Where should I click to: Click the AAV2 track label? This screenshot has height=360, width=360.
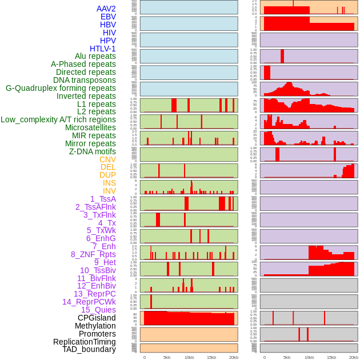106,9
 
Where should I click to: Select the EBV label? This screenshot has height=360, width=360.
108,17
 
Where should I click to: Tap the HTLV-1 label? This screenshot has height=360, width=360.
102,49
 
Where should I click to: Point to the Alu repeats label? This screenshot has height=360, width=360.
95,56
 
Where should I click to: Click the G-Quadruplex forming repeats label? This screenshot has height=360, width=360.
61,88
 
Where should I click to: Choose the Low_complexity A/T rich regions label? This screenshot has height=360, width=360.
58,119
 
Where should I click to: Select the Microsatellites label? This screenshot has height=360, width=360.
90,127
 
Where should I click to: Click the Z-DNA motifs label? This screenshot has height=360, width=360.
93,151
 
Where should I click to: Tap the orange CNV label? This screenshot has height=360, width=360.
107,159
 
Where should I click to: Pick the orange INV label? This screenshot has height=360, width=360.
109,191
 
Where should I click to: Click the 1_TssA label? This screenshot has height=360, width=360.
103,199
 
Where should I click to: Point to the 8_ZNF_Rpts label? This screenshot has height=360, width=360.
93,254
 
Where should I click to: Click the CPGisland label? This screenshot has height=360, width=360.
97,318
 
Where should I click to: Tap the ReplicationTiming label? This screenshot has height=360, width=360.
85,342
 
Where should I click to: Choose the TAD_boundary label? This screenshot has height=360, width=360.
89,349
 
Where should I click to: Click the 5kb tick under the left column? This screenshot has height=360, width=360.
167,357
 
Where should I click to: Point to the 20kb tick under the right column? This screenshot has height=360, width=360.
354,357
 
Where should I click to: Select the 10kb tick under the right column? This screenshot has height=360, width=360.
309,357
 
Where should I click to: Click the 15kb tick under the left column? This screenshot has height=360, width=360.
211,357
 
